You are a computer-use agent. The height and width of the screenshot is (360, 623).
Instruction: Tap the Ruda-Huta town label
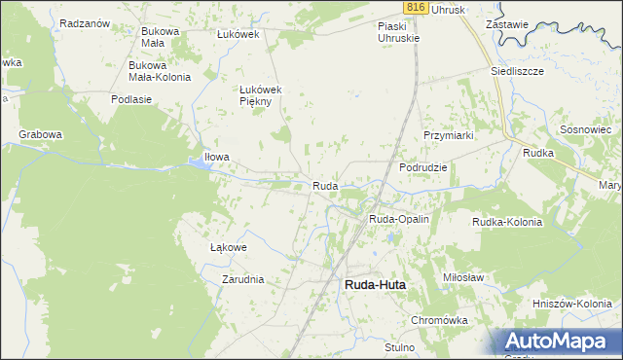click(x=375, y=284)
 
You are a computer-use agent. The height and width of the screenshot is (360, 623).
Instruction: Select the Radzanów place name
click(x=84, y=22)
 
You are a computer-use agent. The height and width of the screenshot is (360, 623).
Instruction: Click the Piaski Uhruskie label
click(x=398, y=32)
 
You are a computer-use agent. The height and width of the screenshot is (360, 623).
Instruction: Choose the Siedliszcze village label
click(x=517, y=71)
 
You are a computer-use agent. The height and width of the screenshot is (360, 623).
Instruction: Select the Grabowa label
click(x=40, y=134)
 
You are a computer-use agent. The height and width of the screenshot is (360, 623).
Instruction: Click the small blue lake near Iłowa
click(x=199, y=164)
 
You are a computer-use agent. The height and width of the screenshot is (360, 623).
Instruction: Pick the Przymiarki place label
click(x=448, y=135)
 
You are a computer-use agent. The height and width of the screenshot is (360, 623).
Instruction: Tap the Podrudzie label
click(x=423, y=167)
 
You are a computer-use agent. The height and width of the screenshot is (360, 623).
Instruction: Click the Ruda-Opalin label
click(x=399, y=220)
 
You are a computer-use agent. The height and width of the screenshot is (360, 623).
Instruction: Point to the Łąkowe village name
click(x=229, y=247)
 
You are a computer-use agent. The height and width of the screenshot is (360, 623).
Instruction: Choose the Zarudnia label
click(x=242, y=279)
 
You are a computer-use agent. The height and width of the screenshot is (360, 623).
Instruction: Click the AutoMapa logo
click(x=561, y=341)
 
